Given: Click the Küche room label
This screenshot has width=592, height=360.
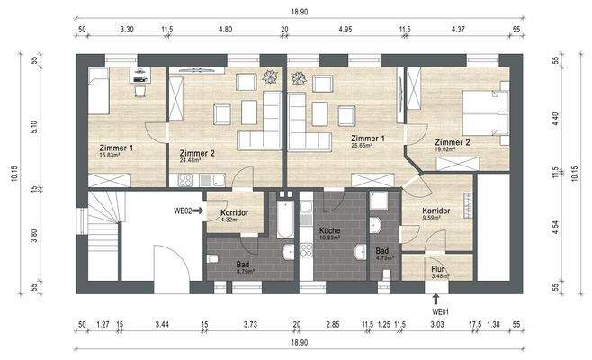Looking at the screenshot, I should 330,231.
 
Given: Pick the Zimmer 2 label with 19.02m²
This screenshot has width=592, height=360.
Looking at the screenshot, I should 452,150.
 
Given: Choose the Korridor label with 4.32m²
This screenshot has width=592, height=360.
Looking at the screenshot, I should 234,219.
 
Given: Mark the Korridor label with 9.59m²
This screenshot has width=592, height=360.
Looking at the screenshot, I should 441,218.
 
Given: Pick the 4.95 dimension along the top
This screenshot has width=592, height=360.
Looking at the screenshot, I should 345,31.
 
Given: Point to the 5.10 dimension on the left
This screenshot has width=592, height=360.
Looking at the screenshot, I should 34,128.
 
